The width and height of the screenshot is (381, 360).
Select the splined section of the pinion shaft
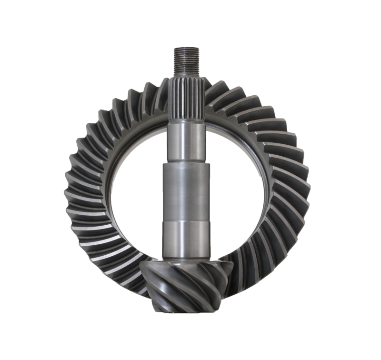(187, 100)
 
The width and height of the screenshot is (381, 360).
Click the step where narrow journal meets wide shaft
(187, 162)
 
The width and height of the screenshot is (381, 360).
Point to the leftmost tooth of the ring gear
(71, 195)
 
